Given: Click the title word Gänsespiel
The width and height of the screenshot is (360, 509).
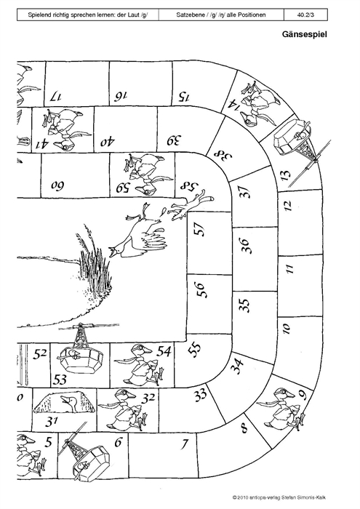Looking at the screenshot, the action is click(304, 34).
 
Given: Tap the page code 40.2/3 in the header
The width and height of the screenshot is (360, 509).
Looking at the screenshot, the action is click(305, 15).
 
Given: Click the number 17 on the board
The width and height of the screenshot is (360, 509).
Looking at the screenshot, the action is click(55, 97).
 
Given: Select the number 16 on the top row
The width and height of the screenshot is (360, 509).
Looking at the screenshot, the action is click(121, 96).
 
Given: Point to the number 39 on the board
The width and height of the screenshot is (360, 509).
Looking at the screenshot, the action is click(175, 140).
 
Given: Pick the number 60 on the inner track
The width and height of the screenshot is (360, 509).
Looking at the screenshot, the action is click(57, 185).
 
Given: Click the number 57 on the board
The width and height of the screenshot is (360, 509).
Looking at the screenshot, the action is click(201, 229).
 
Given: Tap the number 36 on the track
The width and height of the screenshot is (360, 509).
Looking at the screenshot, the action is click(244, 246).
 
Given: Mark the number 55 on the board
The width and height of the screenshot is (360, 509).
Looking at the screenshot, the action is click(195, 350).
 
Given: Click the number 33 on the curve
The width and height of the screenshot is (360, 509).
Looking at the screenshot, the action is click(201, 395).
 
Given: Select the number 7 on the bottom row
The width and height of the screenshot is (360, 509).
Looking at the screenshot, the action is click(185, 444).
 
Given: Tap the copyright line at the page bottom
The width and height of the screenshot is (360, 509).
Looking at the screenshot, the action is click(279, 497).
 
